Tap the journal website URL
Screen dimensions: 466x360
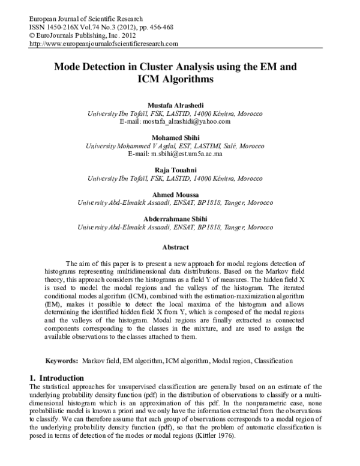click(103, 43)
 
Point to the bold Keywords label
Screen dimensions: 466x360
click(62, 361)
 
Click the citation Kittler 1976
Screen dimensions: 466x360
click(216, 437)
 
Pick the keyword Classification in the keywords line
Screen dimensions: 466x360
click(273, 361)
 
